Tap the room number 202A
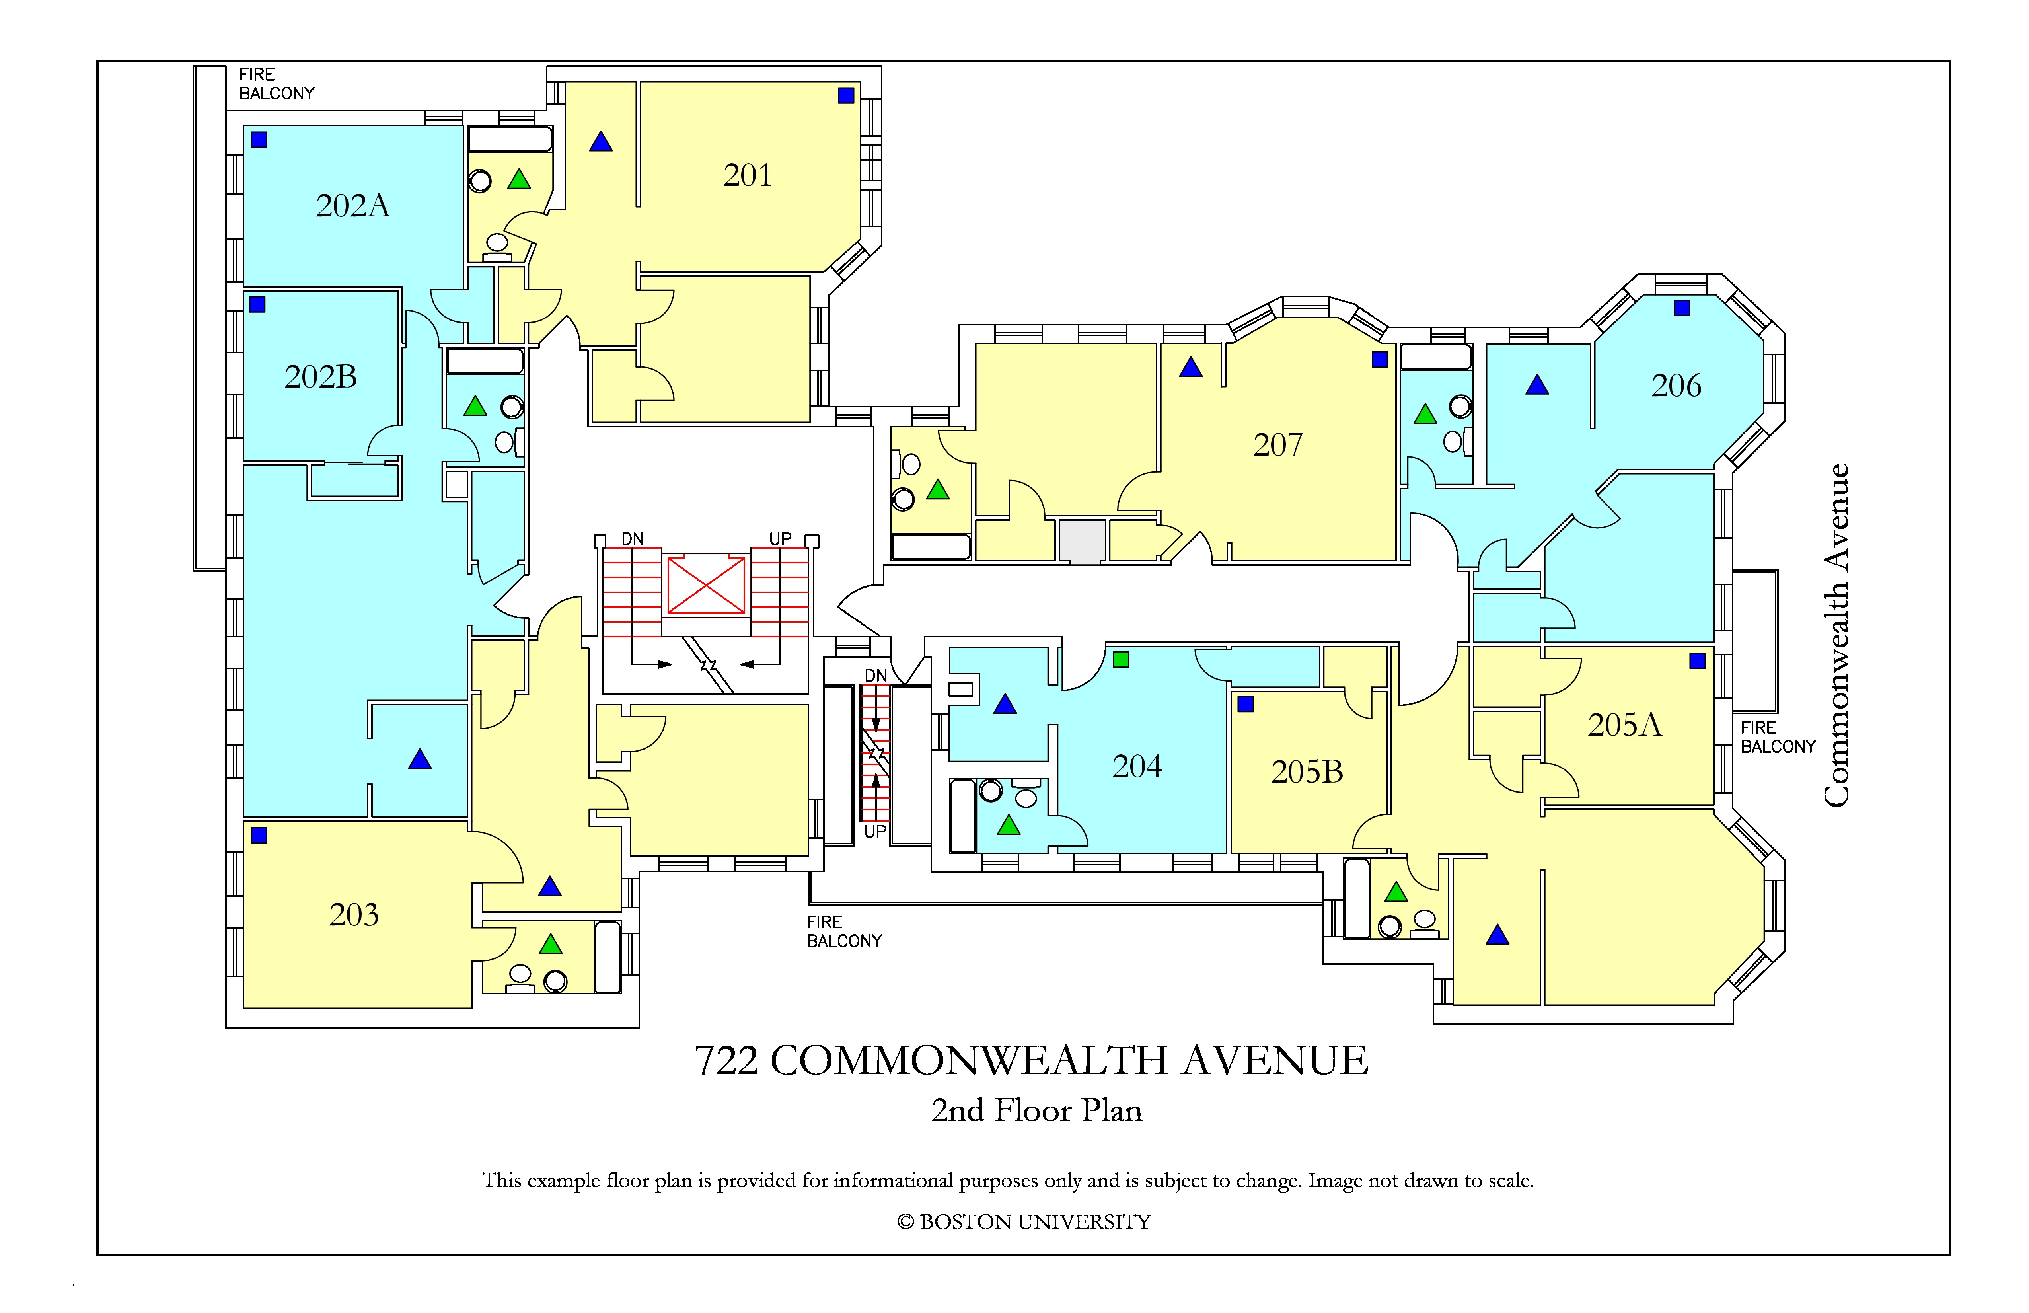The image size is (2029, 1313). pos(353,205)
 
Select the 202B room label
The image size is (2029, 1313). pos(321,377)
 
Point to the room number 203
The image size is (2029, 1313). pos(354,915)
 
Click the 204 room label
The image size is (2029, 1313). pos(1137,766)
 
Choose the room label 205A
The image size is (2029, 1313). pos(1625,725)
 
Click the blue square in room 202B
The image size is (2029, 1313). pos(257,304)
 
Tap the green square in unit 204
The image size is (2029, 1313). pos(1121,659)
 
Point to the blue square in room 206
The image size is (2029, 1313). pos(1682,308)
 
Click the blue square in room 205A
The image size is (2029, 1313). pos(1697,661)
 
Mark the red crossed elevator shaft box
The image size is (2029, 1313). pos(706,585)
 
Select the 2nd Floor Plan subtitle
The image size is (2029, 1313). pos(1037,1110)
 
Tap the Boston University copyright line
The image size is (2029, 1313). pos(1024,1222)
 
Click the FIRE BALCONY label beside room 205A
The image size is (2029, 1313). pos(1778,738)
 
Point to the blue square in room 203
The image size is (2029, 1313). pos(259,836)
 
